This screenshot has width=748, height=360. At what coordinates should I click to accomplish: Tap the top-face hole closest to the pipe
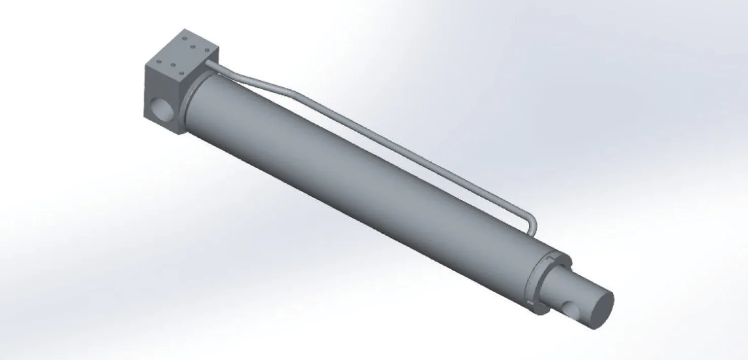pyautogui.click(x=207, y=50)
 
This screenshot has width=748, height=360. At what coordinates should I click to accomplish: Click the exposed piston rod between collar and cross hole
pyautogui.click(x=557, y=284)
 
